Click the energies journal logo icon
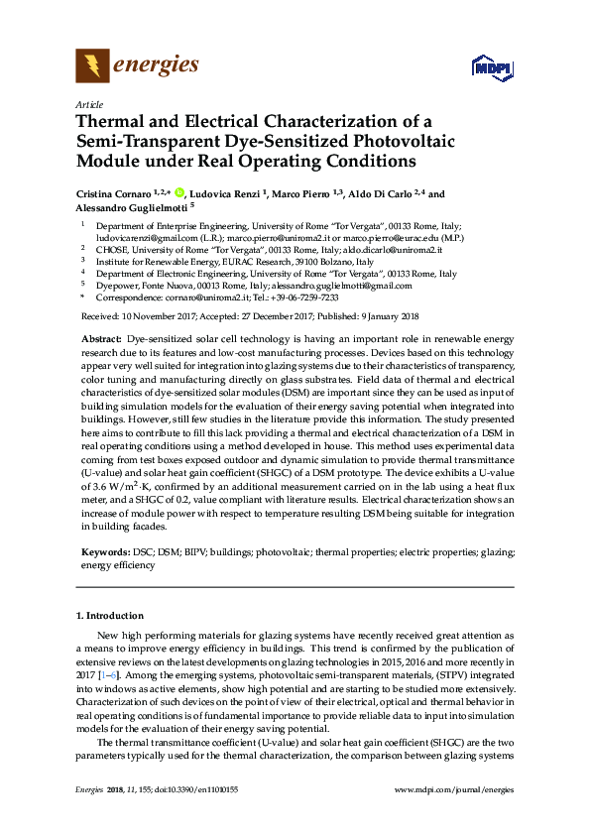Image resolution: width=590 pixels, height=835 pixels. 92,66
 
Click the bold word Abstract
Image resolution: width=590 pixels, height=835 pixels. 101,339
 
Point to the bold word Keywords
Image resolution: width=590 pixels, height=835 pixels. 104,549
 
